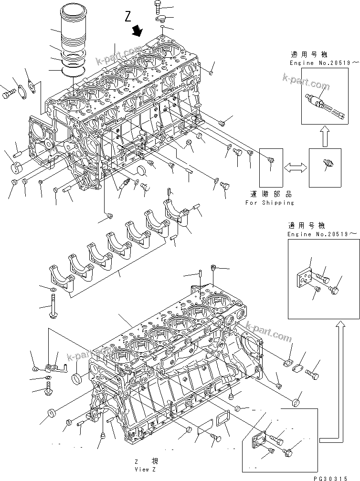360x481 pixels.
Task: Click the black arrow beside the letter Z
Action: click(x=138, y=31)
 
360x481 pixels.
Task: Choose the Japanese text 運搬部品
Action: click(x=270, y=195)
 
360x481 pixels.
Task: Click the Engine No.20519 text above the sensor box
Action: click(x=316, y=63)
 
